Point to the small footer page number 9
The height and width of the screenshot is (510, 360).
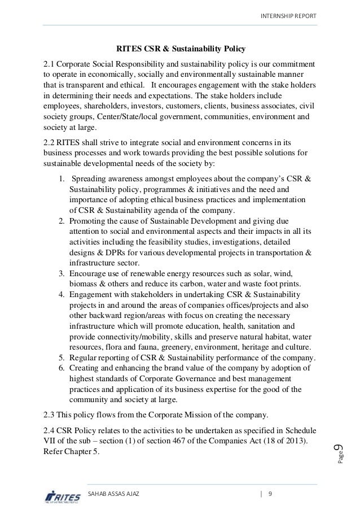coord(271,493)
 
